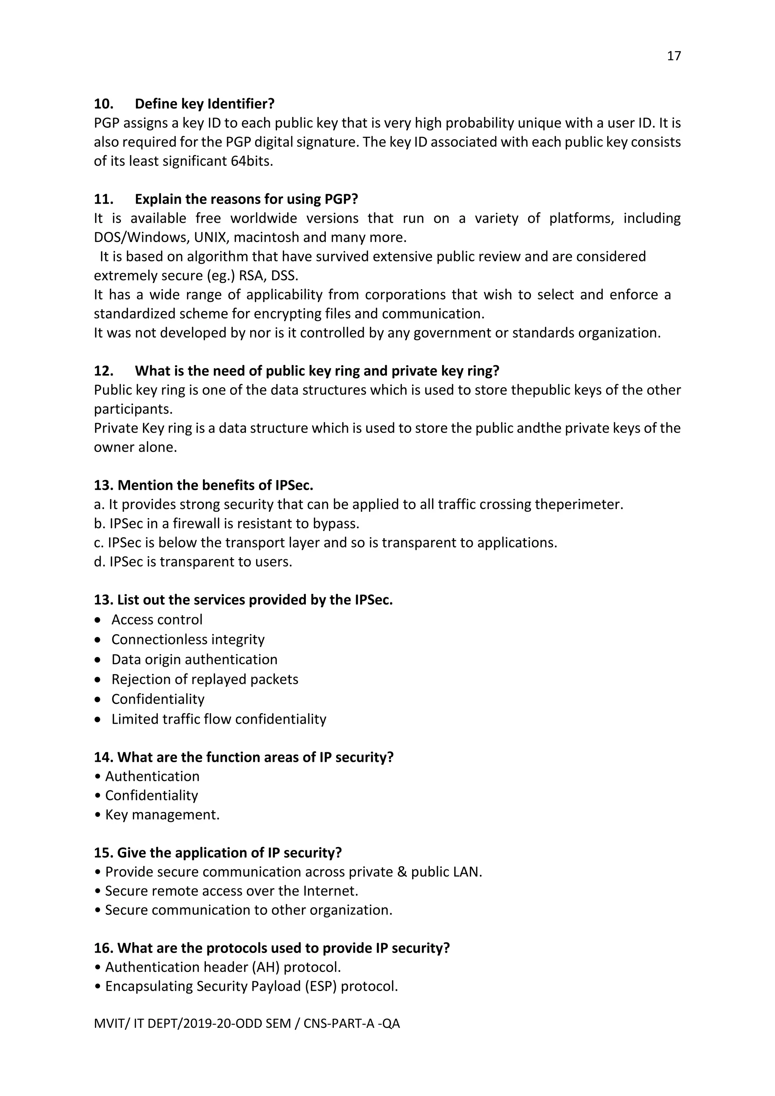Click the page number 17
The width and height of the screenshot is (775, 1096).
(673, 56)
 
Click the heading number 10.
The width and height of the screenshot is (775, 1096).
(104, 104)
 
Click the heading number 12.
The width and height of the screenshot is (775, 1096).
(104, 371)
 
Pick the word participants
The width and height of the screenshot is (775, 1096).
(133, 409)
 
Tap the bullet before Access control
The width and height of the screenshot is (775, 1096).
(98, 620)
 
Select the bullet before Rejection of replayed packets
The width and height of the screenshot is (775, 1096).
(98, 680)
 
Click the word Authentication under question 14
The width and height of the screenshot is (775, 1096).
(152, 777)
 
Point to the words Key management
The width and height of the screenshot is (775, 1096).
(162, 815)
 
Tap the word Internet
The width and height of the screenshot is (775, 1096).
(330, 891)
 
